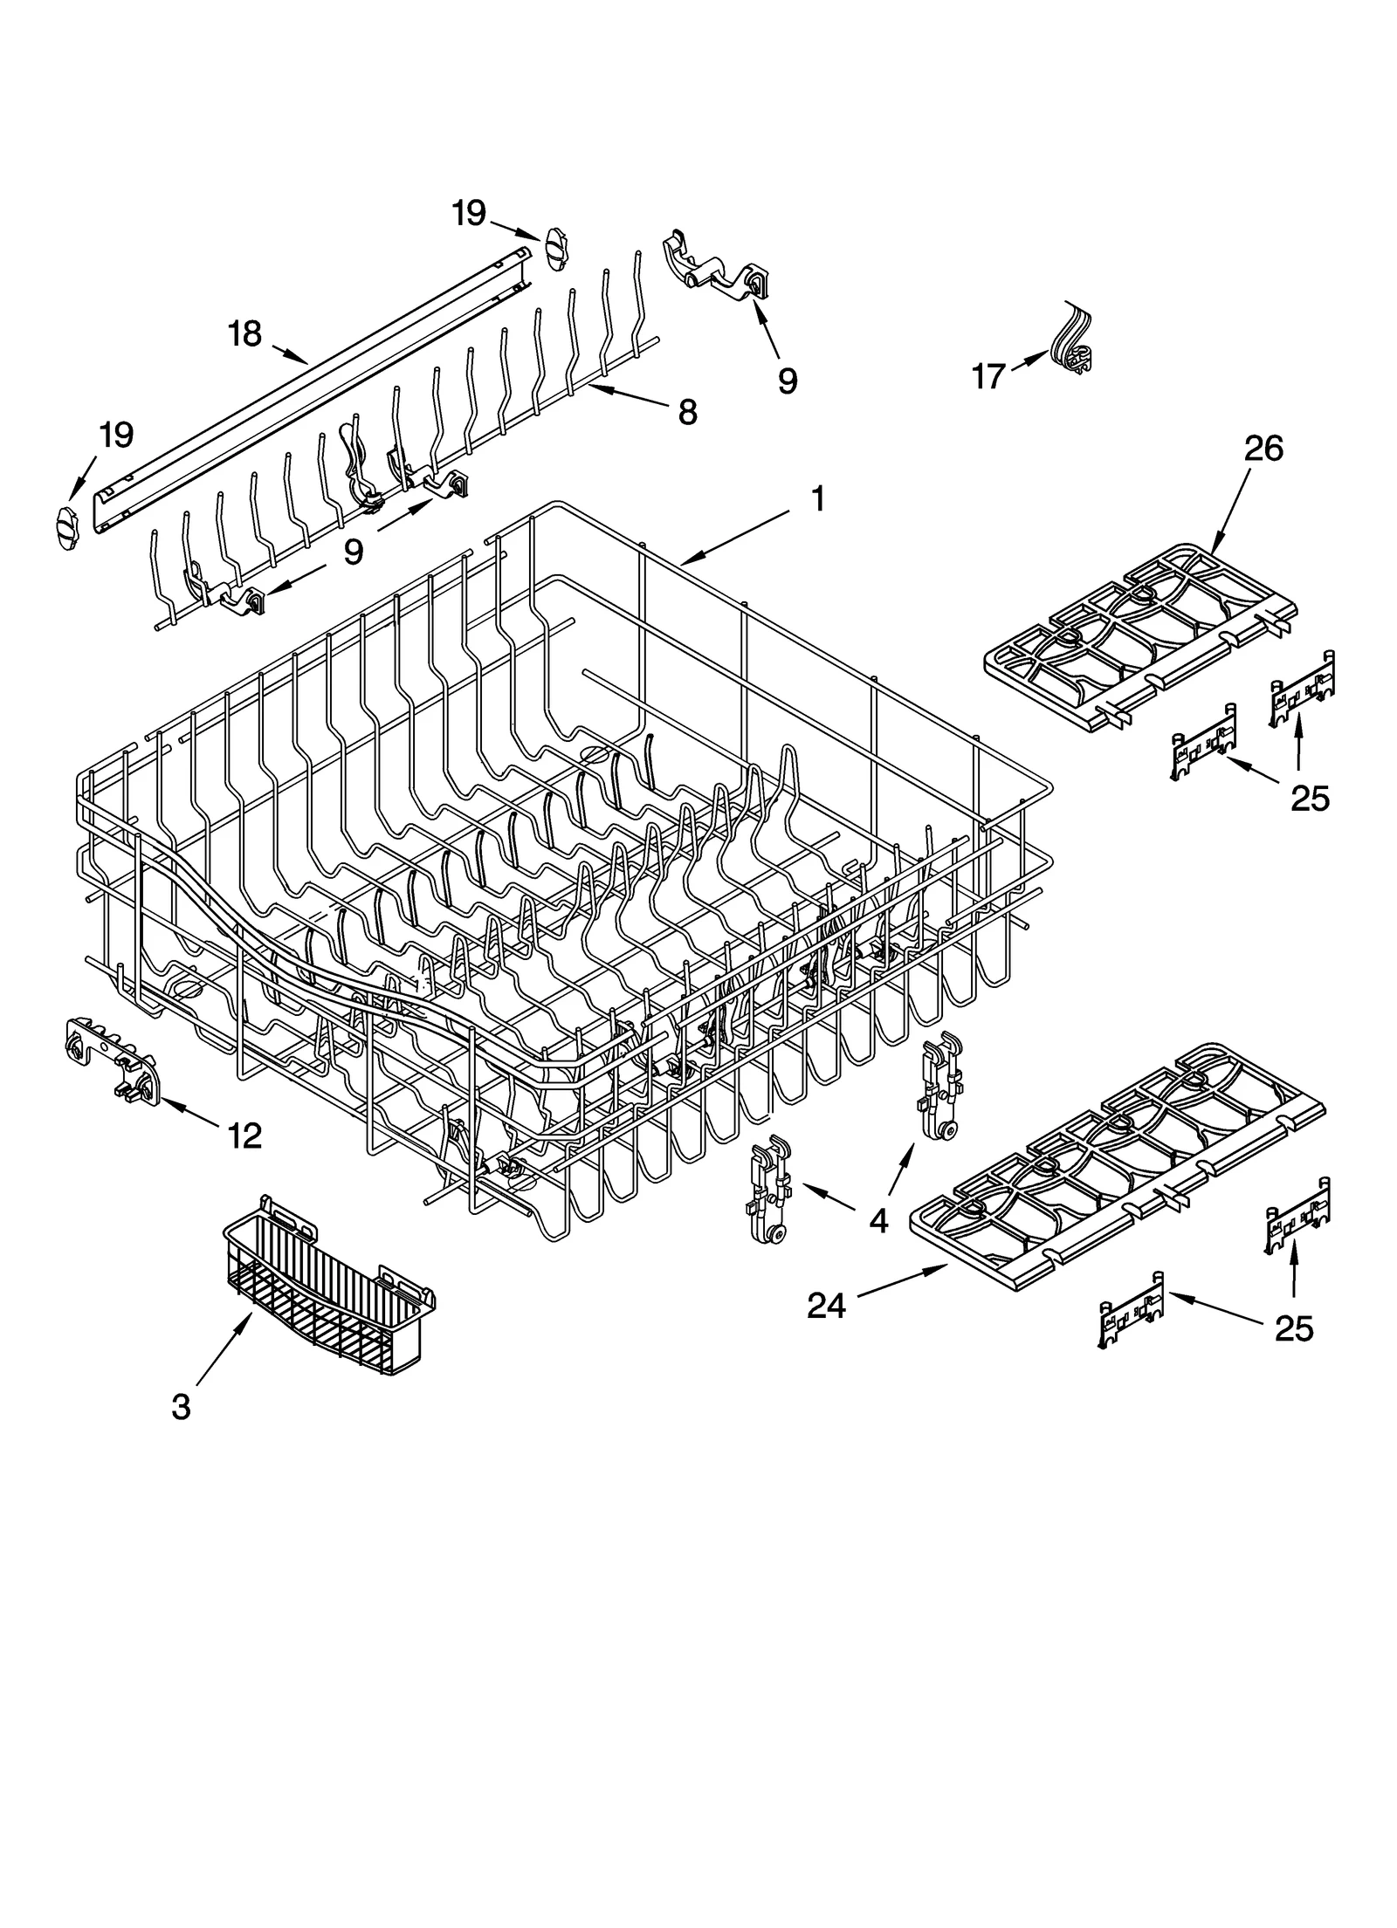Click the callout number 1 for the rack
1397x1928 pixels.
(x=817, y=500)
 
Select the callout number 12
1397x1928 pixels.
(x=244, y=1136)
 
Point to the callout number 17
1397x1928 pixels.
(x=988, y=377)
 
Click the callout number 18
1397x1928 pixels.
(x=244, y=333)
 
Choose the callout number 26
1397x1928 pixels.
(x=1263, y=449)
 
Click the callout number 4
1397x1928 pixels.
(x=878, y=1220)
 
